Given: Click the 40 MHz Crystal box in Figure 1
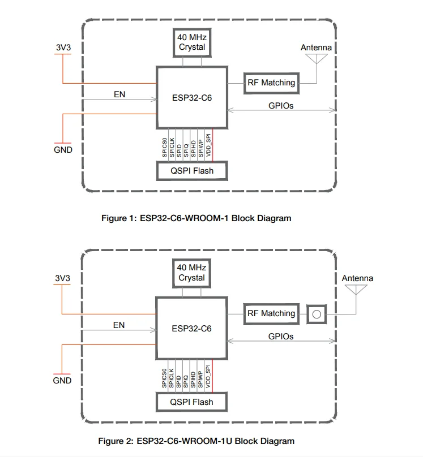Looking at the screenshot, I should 191,42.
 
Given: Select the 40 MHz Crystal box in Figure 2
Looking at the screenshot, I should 191,273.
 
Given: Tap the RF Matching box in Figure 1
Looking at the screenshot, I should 271,83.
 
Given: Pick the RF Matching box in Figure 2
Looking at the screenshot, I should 271,313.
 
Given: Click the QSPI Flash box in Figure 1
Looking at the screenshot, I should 191,170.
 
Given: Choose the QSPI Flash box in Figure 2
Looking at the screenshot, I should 191,402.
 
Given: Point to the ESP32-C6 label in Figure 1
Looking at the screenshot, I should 191,97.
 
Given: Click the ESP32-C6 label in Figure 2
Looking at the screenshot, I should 191,328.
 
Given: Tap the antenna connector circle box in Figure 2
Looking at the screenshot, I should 318,314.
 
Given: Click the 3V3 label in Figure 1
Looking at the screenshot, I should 63,48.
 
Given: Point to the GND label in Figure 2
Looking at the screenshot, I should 62,381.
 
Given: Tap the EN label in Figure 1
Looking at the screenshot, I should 119,94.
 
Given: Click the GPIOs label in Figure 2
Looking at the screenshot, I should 281,336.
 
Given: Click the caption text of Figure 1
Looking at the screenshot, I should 196,218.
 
